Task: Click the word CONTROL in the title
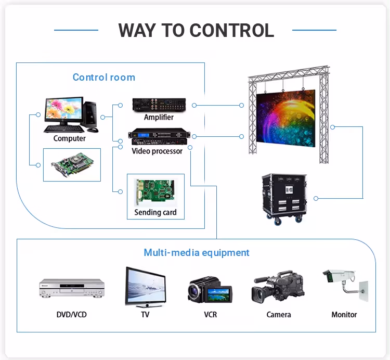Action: coord(232,30)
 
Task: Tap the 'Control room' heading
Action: coord(103,78)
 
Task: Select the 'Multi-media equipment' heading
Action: coord(197,253)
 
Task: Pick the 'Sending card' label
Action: coord(155,212)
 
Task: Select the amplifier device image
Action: coord(159,105)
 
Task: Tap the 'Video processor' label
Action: coord(157,151)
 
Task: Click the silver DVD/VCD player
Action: coord(72,288)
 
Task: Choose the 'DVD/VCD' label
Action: coord(72,315)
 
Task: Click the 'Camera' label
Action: coord(279,315)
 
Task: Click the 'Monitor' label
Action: coord(344,315)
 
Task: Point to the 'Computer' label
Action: coord(69,138)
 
